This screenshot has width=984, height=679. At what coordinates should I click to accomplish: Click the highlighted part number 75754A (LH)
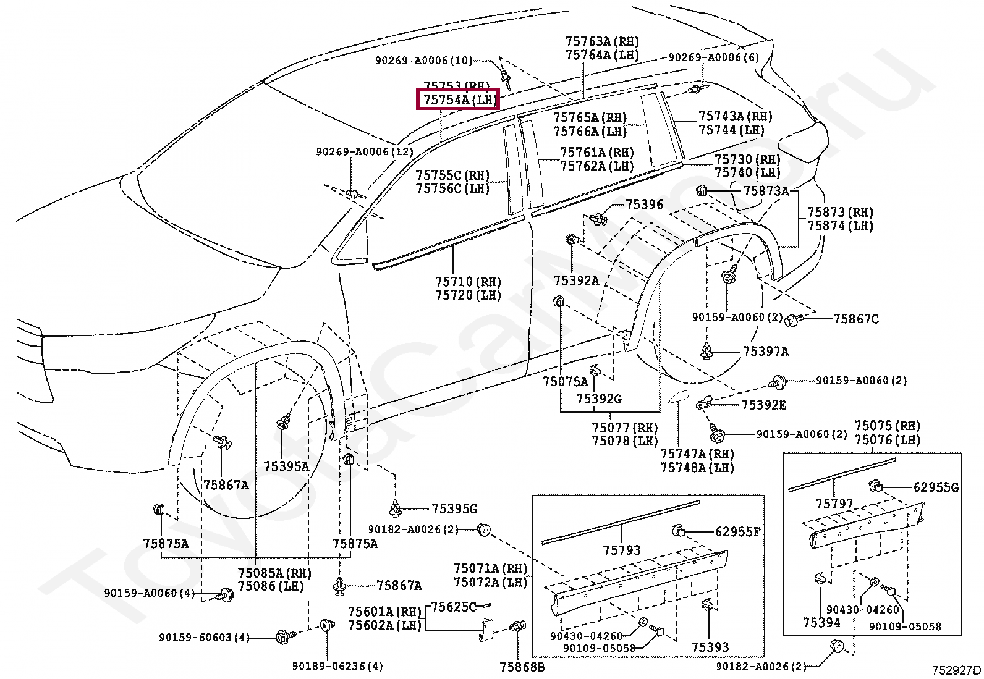pos(458,99)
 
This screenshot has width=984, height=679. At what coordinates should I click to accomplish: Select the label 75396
pos(644,205)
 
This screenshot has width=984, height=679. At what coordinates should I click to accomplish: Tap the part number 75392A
pos(576,280)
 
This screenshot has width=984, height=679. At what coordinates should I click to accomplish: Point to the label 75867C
pos(855,319)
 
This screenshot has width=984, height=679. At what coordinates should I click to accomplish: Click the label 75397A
pos(765,352)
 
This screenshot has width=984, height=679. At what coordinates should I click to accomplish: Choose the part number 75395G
pos(454,508)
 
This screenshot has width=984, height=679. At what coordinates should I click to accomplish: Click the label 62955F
pos(737,531)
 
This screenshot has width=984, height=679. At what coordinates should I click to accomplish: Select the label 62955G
pos(936,487)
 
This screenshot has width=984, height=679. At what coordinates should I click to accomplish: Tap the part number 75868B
pos(522,667)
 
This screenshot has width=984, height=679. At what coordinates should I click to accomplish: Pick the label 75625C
pos(454,607)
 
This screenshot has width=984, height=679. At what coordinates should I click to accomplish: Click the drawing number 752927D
pos(956,670)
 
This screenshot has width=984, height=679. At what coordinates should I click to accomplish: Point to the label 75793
pos(621,550)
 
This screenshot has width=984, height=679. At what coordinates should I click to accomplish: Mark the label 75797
pos(834,504)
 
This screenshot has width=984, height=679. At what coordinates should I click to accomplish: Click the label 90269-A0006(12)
pos(365,152)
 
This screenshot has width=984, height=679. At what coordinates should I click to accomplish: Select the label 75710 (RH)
pos(468,282)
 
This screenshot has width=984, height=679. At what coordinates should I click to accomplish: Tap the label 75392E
pos(763,405)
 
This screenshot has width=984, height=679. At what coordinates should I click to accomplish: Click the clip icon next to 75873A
pos(702,191)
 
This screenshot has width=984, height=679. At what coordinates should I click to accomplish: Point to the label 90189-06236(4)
pos(337,666)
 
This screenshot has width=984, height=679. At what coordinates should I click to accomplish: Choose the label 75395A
pos(286,466)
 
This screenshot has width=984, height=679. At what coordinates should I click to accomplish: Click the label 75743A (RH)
pos(735,116)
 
